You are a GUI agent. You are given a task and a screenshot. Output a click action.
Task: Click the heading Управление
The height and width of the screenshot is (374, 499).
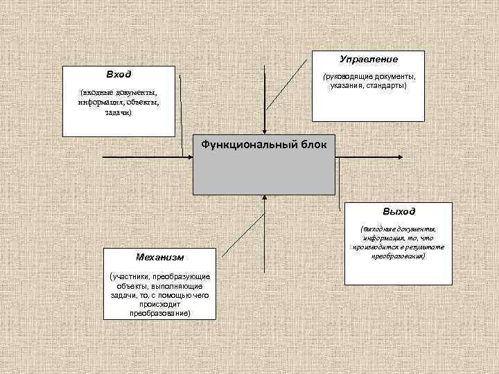pyautogui.click(x=369, y=60)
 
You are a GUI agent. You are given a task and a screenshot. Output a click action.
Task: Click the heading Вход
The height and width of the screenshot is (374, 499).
pyautogui.click(x=119, y=73)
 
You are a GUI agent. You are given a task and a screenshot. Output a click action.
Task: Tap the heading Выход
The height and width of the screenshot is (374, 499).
pyautogui.click(x=399, y=211)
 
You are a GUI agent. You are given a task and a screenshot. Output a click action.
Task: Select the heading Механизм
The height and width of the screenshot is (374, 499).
pyautogui.click(x=160, y=257)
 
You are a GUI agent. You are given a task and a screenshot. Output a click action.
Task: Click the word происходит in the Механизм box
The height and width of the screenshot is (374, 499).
pyautogui.click(x=159, y=304)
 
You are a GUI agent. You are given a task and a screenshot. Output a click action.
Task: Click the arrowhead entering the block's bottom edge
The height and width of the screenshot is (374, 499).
pyautogui.click(x=264, y=198)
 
